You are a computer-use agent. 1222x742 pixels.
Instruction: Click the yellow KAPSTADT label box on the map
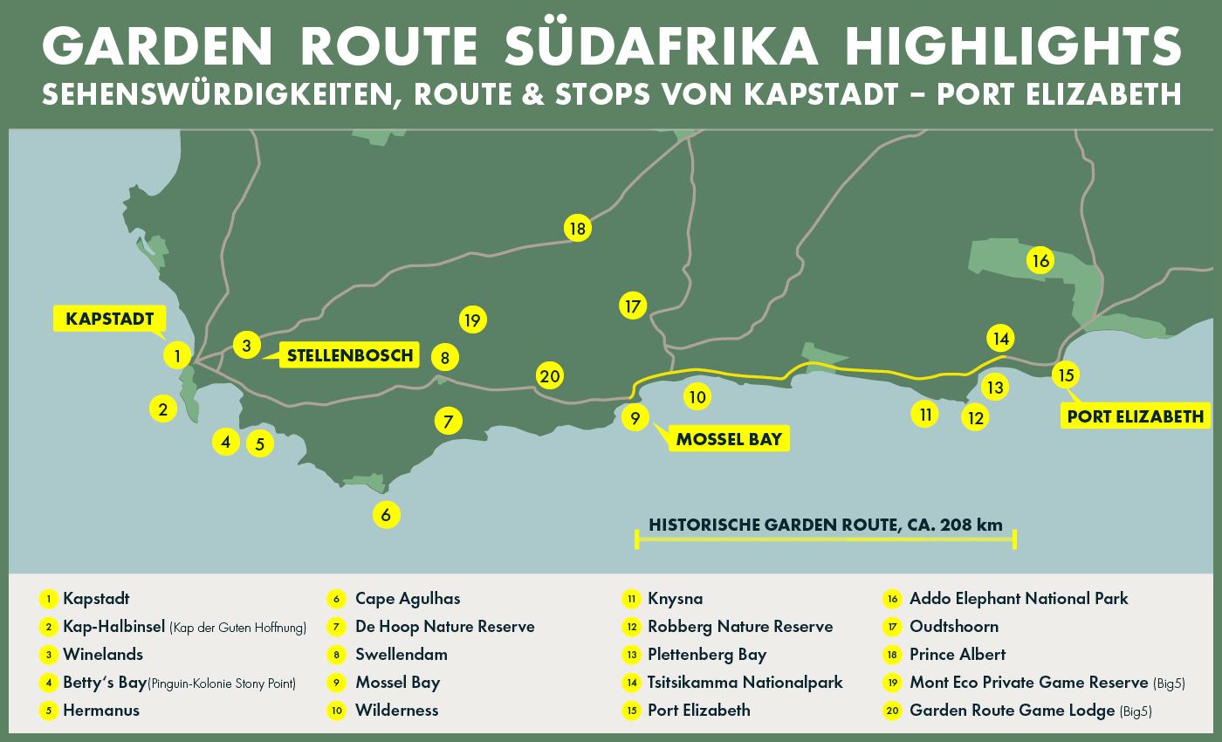coord(109,319)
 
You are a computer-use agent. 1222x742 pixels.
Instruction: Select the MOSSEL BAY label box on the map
coord(729,438)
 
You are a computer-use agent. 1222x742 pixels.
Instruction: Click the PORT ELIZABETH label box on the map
coord(1135,416)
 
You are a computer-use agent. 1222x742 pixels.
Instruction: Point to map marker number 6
coord(386,514)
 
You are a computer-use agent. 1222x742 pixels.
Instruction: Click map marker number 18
coord(577,229)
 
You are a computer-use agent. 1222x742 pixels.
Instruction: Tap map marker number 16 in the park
coord(1039,260)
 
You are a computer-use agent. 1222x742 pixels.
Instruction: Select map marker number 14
coord(1000,338)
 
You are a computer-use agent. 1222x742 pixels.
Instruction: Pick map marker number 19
coord(473,320)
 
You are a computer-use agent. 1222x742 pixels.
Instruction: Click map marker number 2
coord(163,408)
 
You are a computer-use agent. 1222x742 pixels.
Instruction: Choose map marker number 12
coord(976,418)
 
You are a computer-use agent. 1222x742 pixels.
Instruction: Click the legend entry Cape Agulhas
coord(407,599)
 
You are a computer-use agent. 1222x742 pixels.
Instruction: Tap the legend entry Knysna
coord(674,599)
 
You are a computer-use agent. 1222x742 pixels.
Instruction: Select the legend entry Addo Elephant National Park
coord(1018,599)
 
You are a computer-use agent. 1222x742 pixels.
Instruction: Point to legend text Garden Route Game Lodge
coord(1012,711)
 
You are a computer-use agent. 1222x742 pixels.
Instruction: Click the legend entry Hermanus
coord(100,711)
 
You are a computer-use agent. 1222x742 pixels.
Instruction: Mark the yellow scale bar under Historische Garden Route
coord(826,541)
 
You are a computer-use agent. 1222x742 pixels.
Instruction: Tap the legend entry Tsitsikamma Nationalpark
coord(745,683)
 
